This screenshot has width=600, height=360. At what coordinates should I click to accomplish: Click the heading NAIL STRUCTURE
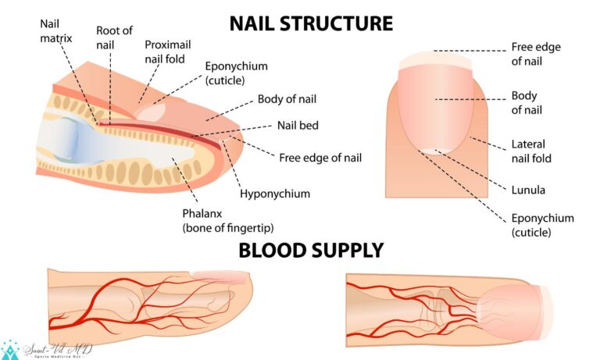coord(311,23)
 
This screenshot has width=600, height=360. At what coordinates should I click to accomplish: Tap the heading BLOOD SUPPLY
coord(311,250)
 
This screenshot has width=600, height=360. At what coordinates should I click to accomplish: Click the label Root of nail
coord(114,37)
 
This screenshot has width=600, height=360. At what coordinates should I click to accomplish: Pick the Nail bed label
coord(298,124)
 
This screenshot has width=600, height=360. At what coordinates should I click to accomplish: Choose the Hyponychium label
coord(274,193)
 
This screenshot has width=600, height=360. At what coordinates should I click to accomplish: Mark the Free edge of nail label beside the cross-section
coord(320,158)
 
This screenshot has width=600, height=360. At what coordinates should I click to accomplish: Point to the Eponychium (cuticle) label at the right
coord(542,225)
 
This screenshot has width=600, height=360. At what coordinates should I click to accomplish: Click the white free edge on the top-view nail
coord(436,59)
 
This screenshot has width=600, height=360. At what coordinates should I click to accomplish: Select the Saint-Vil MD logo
coord(47,350)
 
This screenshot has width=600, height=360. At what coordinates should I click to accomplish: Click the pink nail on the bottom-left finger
coord(220,274)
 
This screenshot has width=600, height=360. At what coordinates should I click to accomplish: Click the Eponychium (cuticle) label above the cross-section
coord(236,73)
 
